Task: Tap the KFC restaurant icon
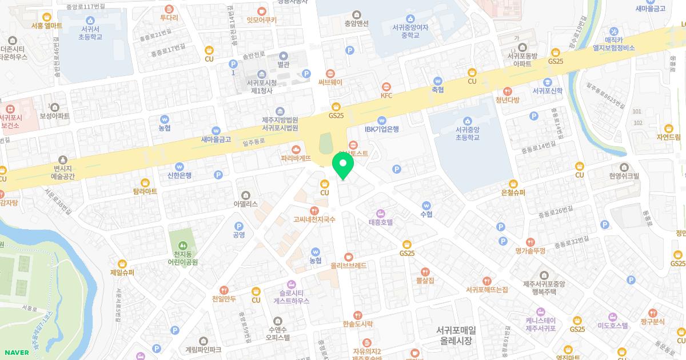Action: (387, 86)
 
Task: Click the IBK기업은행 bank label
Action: (381, 129)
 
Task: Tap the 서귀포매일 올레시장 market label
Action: (455, 335)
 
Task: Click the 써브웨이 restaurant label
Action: (330, 82)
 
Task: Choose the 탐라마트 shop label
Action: (145, 191)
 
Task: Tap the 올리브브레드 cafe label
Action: (349, 266)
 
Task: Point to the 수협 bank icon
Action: (426, 205)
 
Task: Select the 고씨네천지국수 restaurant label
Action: (314, 219)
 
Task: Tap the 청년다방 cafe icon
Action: (507, 91)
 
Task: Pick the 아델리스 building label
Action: (246, 203)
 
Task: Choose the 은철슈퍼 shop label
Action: (513, 193)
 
